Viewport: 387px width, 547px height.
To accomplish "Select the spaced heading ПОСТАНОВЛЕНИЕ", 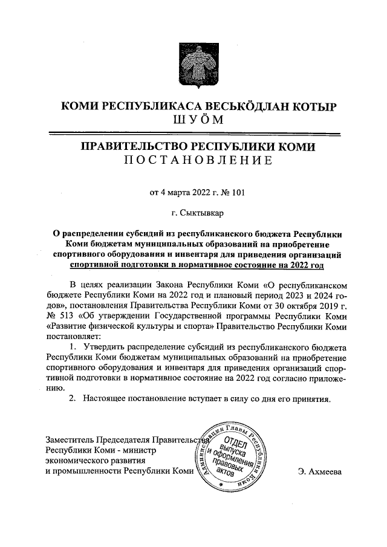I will click(x=193, y=161).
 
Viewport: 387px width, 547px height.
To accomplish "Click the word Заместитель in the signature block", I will click(x=71, y=439).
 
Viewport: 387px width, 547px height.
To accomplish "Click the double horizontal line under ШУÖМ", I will click(x=193, y=133).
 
